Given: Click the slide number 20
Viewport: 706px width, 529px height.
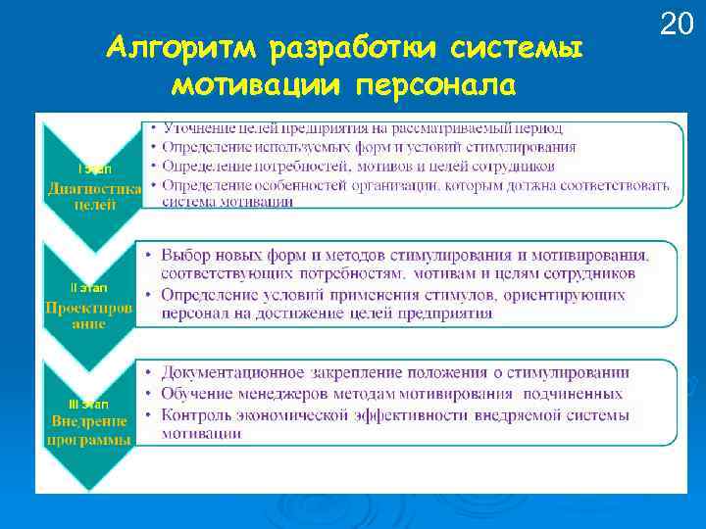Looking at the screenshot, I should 677,24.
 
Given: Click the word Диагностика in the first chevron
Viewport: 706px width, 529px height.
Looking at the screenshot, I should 94,188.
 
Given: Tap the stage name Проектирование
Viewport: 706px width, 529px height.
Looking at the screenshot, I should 89,314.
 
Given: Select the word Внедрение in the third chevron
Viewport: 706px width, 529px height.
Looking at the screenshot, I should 89,422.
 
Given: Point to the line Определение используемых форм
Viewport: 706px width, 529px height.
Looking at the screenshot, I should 369,147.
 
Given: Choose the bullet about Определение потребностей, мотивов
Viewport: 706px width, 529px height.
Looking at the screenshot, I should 359,166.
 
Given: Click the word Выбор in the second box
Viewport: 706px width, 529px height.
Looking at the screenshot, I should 186,254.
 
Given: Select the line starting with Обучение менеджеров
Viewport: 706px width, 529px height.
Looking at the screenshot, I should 391,394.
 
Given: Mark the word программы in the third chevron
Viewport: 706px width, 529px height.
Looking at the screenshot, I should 89,440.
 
